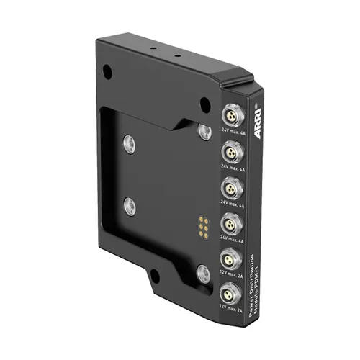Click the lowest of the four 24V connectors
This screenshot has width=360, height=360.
230,221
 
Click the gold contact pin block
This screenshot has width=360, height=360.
204,225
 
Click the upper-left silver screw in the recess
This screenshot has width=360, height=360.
128,141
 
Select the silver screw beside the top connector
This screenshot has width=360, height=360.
205,130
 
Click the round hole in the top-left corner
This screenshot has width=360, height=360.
107,73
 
